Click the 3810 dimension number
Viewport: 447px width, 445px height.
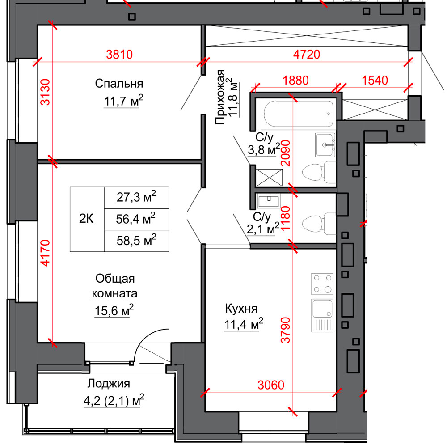pos(119,54)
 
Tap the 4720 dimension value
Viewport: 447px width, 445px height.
pos(307,54)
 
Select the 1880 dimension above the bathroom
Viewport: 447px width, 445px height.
pos(295,81)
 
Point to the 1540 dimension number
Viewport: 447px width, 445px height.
pos(375,81)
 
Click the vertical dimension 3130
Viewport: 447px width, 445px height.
pos(45,92)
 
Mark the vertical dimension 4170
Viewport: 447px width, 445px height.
pos(45,253)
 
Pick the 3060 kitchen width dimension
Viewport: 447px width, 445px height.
pos(271,385)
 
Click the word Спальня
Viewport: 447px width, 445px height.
pos(119,84)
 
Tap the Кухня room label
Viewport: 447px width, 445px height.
pos(241,308)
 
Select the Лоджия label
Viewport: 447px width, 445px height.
pos(109,384)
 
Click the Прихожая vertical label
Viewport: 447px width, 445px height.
pos(220,97)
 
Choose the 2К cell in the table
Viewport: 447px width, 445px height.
pos(86,219)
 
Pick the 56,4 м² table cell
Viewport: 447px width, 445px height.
pos(136,219)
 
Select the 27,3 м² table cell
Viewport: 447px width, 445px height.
pos(136,197)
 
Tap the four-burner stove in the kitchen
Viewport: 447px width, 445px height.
pos(322,284)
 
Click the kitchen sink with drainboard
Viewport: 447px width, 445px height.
pos(322,315)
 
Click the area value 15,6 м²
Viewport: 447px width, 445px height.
pos(114,310)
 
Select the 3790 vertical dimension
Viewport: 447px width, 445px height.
pos(285,330)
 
